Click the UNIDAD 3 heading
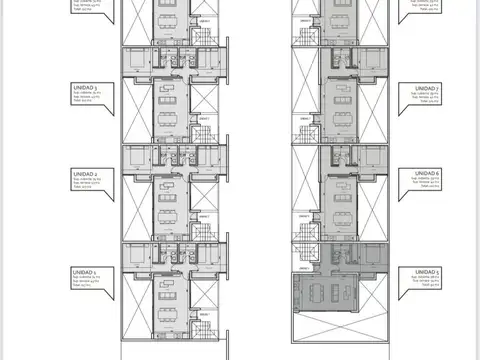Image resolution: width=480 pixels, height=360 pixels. [x=85, y=89]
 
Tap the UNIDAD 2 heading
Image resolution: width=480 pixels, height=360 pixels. [x=85, y=173]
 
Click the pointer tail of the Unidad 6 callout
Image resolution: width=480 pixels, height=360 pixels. [x=393, y=180]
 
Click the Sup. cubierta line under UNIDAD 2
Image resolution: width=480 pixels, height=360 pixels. [x=85, y=179]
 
